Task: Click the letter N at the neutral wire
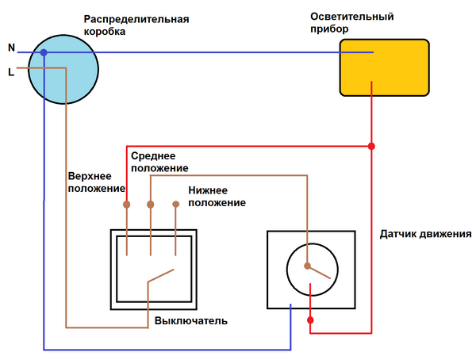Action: (x=11, y=48)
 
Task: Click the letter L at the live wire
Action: (x=10, y=72)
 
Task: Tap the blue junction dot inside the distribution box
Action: (x=44, y=52)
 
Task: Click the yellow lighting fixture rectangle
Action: (x=385, y=67)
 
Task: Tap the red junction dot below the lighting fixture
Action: (x=371, y=147)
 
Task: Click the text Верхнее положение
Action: (x=94, y=182)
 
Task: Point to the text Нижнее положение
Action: (x=217, y=197)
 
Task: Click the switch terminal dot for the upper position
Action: (x=126, y=205)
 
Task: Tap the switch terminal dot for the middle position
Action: (x=151, y=205)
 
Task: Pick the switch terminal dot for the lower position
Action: (x=176, y=205)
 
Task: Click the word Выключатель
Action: (x=191, y=321)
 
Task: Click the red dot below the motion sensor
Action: (x=309, y=321)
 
